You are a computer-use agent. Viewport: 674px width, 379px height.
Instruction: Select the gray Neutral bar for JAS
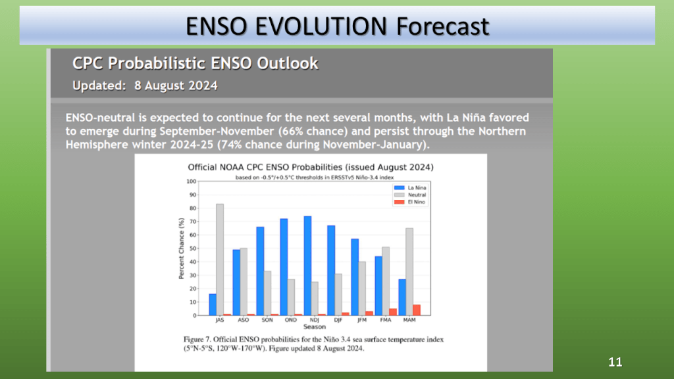coord(220,259)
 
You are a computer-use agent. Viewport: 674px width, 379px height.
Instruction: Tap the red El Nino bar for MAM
coord(417,310)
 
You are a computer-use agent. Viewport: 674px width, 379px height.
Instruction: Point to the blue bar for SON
coord(260,270)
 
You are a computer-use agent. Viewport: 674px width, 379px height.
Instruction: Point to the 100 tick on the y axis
coord(192,181)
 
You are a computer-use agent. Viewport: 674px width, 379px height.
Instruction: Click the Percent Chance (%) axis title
coord(181,248)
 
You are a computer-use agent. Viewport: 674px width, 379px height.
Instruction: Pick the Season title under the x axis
coord(314,327)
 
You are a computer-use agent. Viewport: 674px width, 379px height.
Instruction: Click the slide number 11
coord(615,363)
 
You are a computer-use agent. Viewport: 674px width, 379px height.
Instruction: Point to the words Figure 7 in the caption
coord(198,340)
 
